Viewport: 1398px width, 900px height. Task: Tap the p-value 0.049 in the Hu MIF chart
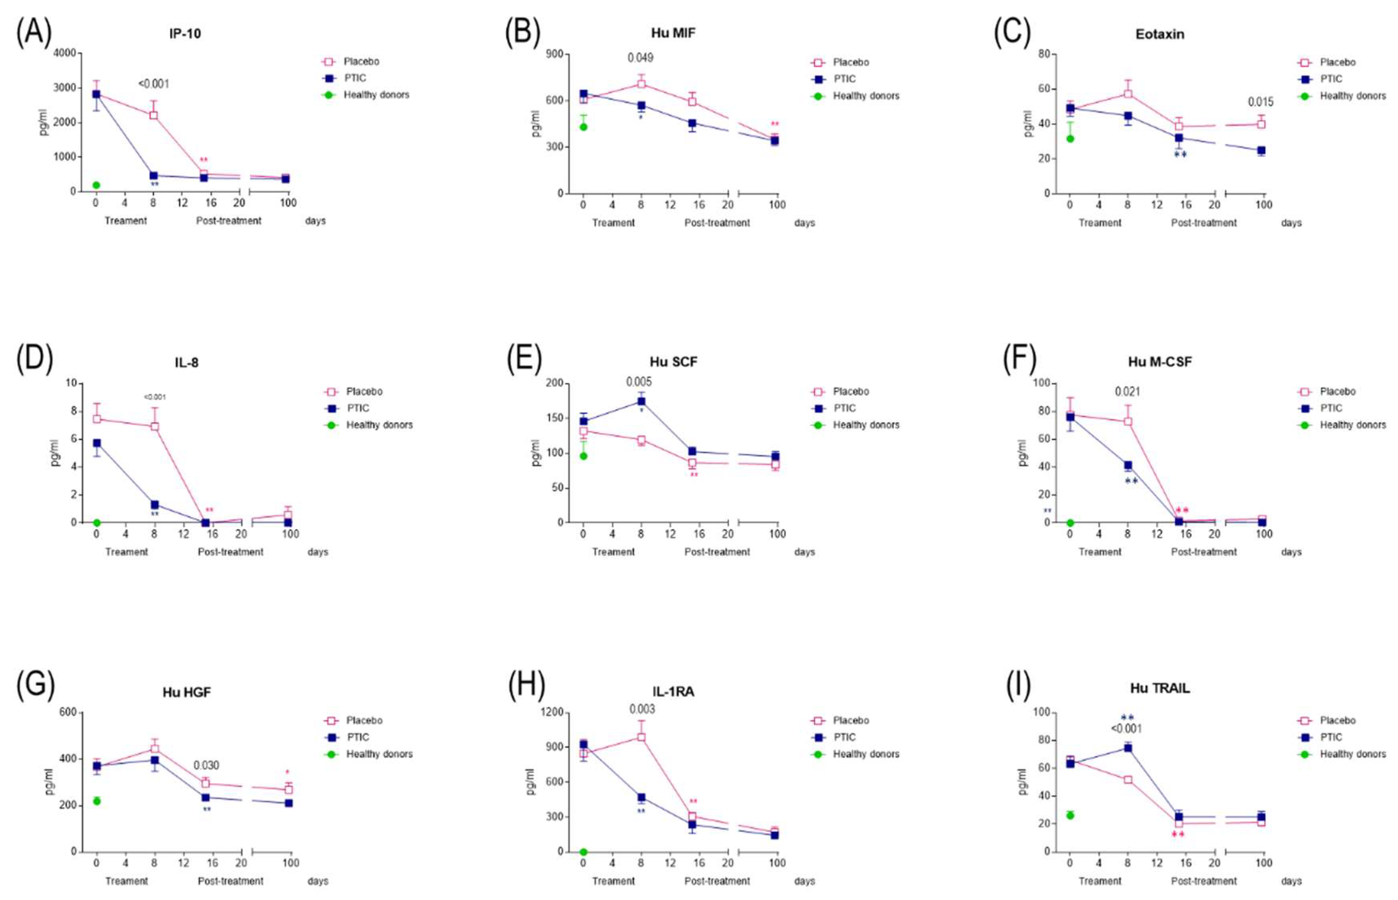[x=640, y=58]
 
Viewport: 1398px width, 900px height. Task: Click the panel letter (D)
[x=34, y=359]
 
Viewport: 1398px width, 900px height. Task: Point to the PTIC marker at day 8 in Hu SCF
[x=641, y=402]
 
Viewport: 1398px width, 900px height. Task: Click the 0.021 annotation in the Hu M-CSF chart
[x=1127, y=392]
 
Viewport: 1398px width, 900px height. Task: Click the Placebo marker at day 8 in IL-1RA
[x=641, y=737]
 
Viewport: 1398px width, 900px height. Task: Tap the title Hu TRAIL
[x=1160, y=688]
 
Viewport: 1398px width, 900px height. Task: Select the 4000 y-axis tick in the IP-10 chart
[x=64, y=53]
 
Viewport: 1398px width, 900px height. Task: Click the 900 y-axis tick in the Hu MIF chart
[x=555, y=54]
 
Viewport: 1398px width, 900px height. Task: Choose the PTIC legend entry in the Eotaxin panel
[x=1331, y=79]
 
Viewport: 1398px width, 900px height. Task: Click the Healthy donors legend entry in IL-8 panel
[x=379, y=425]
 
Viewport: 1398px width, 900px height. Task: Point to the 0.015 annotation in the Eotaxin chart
[x=1261, y=102]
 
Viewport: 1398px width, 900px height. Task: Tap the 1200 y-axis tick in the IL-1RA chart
[x=552, y=712]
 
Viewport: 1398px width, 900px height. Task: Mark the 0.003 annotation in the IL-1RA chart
[x=642, y=710]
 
